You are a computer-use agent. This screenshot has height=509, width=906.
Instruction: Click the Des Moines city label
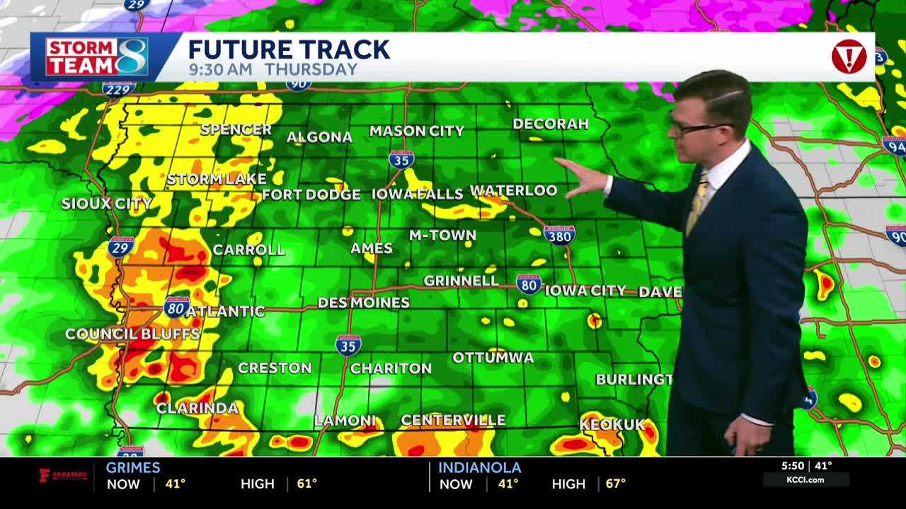(x=363, y=303)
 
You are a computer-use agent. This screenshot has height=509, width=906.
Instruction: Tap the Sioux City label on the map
(x=106, y=204)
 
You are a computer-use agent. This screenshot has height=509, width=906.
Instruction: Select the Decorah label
(x=550, y=124)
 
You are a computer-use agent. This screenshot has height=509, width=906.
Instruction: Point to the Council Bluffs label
(x=132, y=334)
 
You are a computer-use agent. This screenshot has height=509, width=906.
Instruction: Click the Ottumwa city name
(x=493, y=357)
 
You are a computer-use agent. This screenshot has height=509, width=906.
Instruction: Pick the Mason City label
(x=416, y=131)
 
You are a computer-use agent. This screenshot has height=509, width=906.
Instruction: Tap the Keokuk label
(x=612, y=424)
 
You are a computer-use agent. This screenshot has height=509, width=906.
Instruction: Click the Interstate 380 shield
(x=559, y=234)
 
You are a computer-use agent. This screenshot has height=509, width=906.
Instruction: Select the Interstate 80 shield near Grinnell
(x=528, y=284)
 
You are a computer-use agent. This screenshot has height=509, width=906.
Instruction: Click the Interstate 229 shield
(x=119, y=89)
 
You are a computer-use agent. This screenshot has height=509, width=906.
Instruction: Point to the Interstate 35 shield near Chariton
(x=348, y=344)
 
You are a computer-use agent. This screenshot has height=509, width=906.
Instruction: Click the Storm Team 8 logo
(x=97, y=57)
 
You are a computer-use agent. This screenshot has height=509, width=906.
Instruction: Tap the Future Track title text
(x=289, y=49)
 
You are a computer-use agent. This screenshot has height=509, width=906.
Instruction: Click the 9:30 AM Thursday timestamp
(x=273, y=69)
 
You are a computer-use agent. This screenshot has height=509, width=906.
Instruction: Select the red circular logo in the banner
(x=849, y=57)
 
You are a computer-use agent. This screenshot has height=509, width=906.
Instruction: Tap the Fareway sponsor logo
(x=62, y=475)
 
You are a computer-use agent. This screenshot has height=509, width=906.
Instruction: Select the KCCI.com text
(x=804, y=480)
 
